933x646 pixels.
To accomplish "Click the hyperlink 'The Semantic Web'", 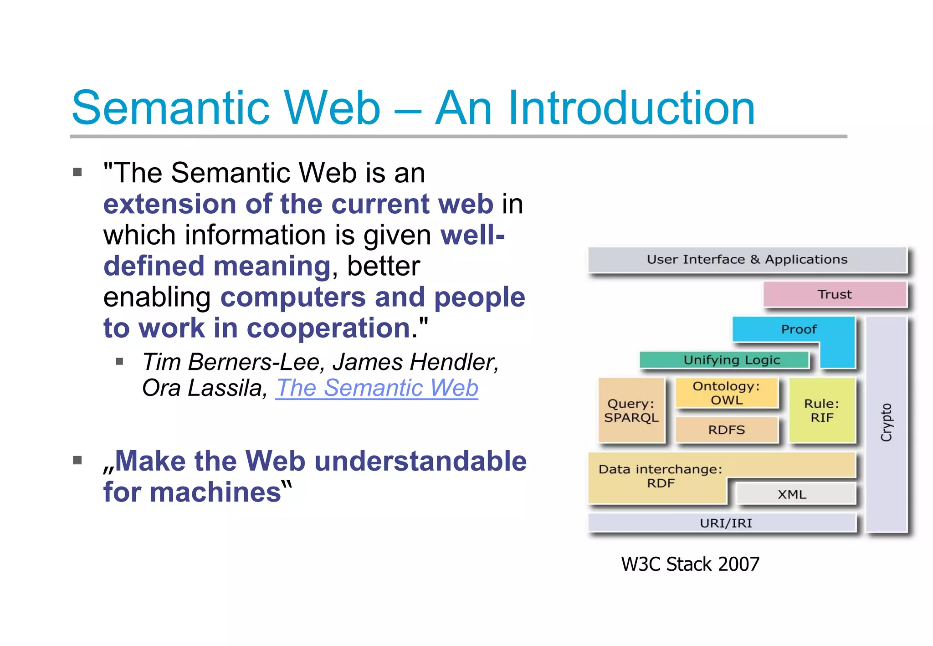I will click(377, 388).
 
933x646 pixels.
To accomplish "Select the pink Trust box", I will click(835, 294).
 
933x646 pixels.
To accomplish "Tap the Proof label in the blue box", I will click(799, 329).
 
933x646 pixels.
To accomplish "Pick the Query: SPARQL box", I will click(631, 410).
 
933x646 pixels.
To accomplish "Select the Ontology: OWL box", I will click(726, 393).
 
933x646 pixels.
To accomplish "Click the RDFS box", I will click(726, 430).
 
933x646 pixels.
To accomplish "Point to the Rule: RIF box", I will click(821, 410).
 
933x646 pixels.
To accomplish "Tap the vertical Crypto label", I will click(886, 422).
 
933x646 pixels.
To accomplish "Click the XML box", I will click(792, 494).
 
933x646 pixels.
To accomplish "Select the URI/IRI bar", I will click(725, 523).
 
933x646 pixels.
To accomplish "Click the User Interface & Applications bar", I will click(747, 260).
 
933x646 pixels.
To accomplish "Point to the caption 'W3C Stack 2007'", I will click(690, 564).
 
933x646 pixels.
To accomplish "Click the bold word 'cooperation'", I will click(328, 328).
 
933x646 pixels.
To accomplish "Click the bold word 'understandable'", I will click(420, 461).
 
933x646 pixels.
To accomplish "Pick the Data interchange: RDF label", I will click(660, 476).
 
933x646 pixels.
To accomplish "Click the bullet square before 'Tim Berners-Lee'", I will click(120, 362).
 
